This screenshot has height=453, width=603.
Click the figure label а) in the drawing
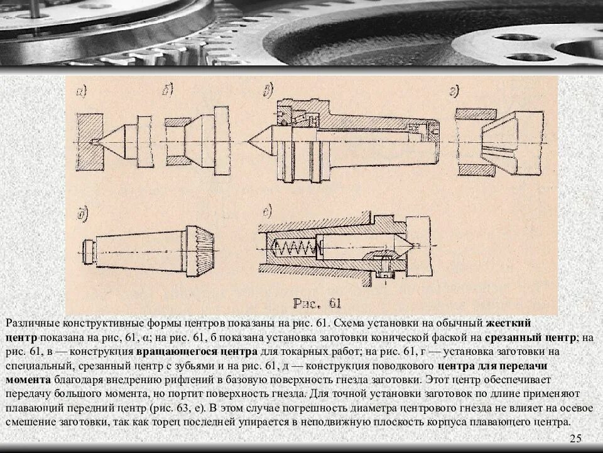pos(82,92)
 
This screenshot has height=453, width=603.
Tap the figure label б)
pos(168,92)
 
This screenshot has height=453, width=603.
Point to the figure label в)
pos(268,92)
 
